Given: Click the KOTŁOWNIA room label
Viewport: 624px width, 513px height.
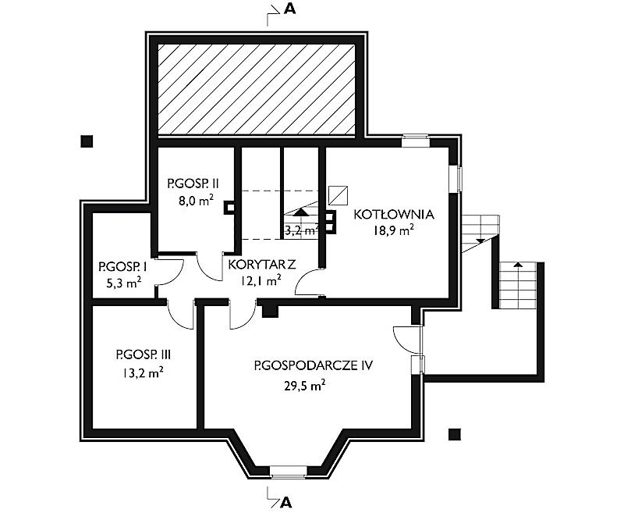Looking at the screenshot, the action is pos(394,214).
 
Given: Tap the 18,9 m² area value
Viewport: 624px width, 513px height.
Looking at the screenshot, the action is pos(393,230).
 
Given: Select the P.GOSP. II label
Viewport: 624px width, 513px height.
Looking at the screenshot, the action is pos(193,183).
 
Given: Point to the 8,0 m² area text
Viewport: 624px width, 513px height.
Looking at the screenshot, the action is pos(196,201).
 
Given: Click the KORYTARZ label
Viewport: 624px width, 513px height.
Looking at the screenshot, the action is pos(262,265).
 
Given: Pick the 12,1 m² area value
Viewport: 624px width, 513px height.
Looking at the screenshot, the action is pos(261,281).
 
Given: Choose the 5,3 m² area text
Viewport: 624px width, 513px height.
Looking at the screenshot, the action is pos(123,283).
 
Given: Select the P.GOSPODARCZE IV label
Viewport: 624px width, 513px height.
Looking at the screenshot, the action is pos(314,365).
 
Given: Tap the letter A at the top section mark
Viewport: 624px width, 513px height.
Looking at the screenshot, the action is pos(289,9).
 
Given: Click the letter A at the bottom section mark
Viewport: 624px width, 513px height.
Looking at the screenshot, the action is pos(286,503).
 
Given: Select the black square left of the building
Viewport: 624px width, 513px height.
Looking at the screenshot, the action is pos(87,141).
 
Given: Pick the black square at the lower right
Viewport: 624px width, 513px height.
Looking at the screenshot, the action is pos(455,434).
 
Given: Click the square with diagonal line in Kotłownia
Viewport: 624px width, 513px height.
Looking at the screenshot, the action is pos(338,195).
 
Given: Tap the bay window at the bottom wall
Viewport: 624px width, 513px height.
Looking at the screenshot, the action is pos(288,472).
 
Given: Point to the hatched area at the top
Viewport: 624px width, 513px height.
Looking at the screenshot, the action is pos(257,90).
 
